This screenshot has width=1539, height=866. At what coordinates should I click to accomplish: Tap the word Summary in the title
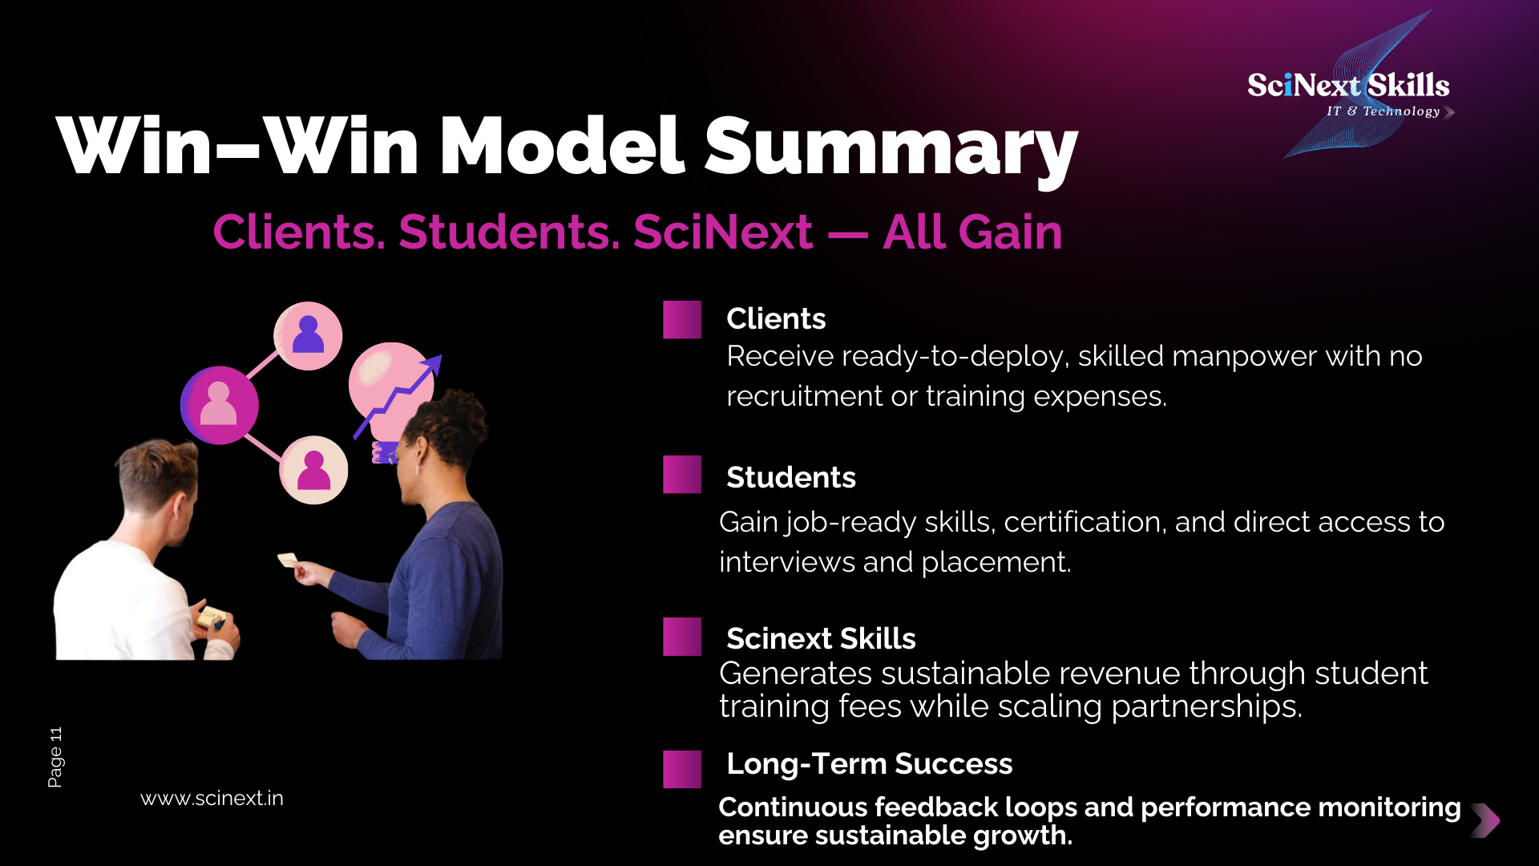click(x=891, y=148)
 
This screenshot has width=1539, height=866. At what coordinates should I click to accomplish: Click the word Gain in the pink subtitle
click(x=1012, y=233)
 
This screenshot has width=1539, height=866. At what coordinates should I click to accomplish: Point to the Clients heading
click(x=776, y=318)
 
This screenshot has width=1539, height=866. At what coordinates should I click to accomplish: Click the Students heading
click(x=791, y=477)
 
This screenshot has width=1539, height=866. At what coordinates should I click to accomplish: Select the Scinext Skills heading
click(x=821, y=638)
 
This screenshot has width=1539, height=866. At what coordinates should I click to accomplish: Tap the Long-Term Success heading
click(x=870, y=764)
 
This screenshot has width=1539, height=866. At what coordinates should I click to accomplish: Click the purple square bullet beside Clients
click(x=682, y=320)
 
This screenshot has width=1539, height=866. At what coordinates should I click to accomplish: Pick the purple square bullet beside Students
click(x=682, y=475)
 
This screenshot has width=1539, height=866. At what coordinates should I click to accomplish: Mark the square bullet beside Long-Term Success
click(x=682, y=770)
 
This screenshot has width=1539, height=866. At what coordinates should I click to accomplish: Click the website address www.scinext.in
click(x=212, y=799)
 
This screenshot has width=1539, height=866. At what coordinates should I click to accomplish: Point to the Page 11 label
click(x=55, y=758)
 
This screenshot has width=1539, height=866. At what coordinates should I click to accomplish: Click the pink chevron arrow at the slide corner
click(x=1486, y=820)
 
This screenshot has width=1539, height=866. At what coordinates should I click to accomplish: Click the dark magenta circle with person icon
click(x=220, y=405)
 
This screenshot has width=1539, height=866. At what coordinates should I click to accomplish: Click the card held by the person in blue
click(x=288, y=560)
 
